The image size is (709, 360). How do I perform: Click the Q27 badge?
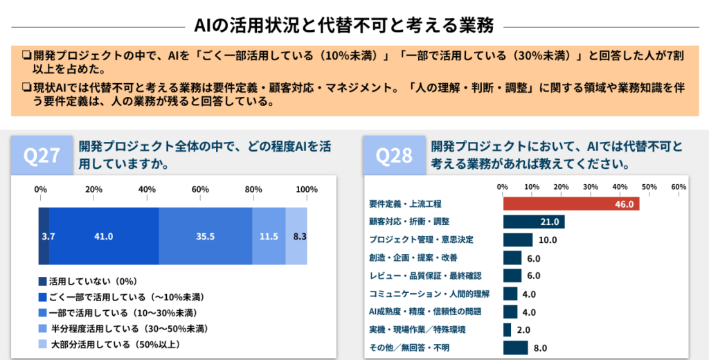click(x=42, y=156)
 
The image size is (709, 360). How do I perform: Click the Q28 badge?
click(x=394, y=156)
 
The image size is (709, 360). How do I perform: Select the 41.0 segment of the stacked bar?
click(x=104, y=236)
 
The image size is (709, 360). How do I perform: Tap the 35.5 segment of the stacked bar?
click(x=205, y=236)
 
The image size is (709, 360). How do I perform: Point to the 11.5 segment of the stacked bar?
click(x=269, y=236)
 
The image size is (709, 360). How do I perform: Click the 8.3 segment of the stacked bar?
click(x=296, y=236)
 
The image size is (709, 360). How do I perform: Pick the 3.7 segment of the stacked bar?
click(x=44, y=236)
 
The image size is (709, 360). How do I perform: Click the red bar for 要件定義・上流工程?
click(x=571, y=204)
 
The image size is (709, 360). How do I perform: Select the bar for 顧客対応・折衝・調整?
click(x=534, y=222)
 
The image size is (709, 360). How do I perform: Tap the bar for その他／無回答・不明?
click(x=515, y=348)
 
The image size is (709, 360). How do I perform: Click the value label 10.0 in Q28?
click(x=548, y=240)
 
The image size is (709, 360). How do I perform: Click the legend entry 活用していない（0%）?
click(x=88, y=282)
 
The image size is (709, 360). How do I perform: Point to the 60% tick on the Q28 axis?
click(x=679, y=187)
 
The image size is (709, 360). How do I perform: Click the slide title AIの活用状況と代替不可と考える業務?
click(x=344, y=26)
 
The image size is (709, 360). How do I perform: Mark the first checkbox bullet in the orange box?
click(x=26, y=55)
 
